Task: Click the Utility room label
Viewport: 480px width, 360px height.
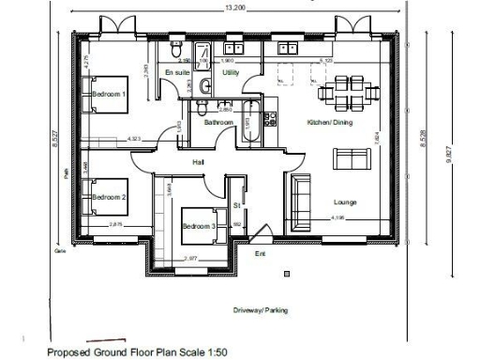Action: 229,72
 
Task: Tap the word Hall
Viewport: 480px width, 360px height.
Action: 199,162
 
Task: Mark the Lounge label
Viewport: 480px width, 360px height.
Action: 345,202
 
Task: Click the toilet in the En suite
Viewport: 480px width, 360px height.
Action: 206,86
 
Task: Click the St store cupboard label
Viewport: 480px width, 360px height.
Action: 237,204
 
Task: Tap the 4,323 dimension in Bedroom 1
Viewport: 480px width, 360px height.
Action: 134,139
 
